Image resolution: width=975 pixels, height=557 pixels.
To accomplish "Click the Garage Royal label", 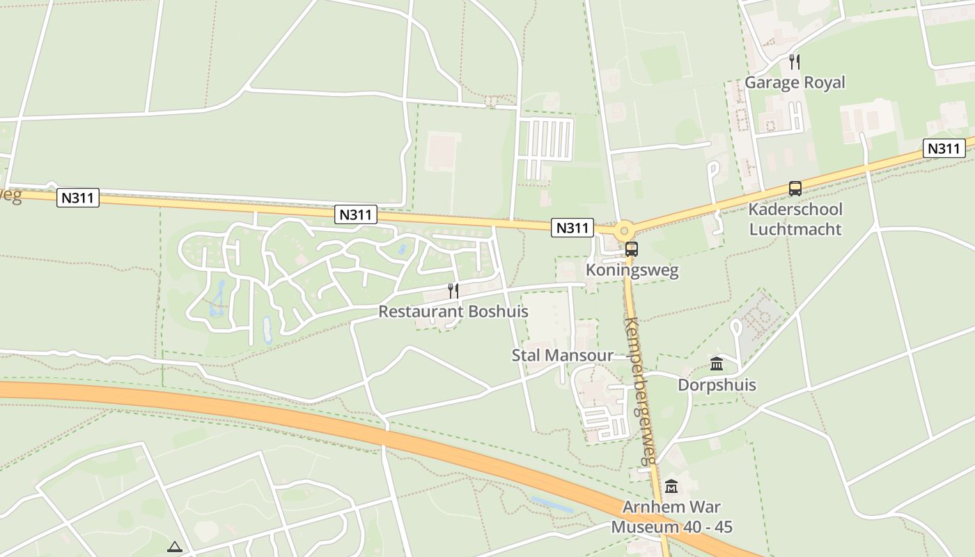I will (795, 82).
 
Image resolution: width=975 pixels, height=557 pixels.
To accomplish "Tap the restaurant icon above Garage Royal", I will (794, 62).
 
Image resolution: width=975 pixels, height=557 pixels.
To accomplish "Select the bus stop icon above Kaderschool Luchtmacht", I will (795, 188).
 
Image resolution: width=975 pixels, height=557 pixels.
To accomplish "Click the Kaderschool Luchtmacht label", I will (795, 219).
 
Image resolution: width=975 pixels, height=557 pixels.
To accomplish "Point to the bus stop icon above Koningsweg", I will (631, 249).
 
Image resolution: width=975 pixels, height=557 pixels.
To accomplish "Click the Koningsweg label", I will (632, 270).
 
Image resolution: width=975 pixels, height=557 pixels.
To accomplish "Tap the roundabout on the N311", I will (624, 230).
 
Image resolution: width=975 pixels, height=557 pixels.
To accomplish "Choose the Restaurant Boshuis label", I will (453, 311).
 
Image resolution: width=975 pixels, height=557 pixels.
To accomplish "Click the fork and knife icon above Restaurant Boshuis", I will (453, 290).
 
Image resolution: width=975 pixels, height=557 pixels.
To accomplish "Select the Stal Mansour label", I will (563, 356).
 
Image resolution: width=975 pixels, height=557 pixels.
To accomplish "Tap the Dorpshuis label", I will (717, 385).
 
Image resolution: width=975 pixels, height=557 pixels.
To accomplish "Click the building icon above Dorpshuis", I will (717, 363).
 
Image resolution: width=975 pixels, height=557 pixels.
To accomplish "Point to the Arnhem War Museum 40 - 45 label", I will (671, 517).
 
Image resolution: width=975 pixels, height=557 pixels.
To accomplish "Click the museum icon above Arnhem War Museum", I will (671, 486).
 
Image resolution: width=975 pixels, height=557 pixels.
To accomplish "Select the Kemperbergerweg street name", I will (641, 390).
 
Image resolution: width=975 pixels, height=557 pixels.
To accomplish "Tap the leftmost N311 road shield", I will (77, 198).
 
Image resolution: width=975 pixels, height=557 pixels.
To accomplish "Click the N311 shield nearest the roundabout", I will (572, 227).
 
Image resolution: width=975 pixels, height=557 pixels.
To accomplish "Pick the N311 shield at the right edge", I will (944, 148).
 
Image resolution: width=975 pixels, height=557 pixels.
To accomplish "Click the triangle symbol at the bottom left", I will (174, 547).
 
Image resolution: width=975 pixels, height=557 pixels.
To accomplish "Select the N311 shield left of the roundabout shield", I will (355, 214).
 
